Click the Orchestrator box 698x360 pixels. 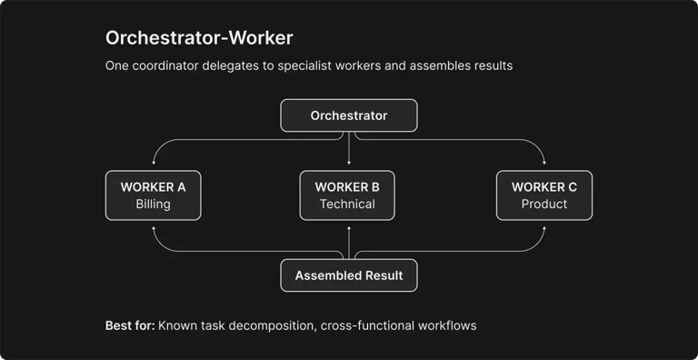tap(349, 115)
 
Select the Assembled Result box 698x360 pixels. tap(349, 275)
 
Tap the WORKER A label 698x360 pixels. tap(153, 187)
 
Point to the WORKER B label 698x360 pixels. tap(347, 187)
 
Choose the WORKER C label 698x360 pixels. tap(544, 187)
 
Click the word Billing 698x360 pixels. tap(153, 205)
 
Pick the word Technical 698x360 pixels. tap(347, 205)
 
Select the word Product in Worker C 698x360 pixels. tap(544, 205)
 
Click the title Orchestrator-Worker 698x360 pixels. tap(199, 38)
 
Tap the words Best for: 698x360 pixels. tap(130, 325)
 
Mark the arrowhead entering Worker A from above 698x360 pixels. tap(154, 164)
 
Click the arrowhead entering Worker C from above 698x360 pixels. tap(544, 164)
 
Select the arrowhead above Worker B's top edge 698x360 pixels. tap(349, 164)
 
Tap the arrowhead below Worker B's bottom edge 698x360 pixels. tap(349, 227)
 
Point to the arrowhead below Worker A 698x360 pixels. tap(154, 227)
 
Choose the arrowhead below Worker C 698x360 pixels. tap(544, 227)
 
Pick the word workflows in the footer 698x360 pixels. tap(444, 325)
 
